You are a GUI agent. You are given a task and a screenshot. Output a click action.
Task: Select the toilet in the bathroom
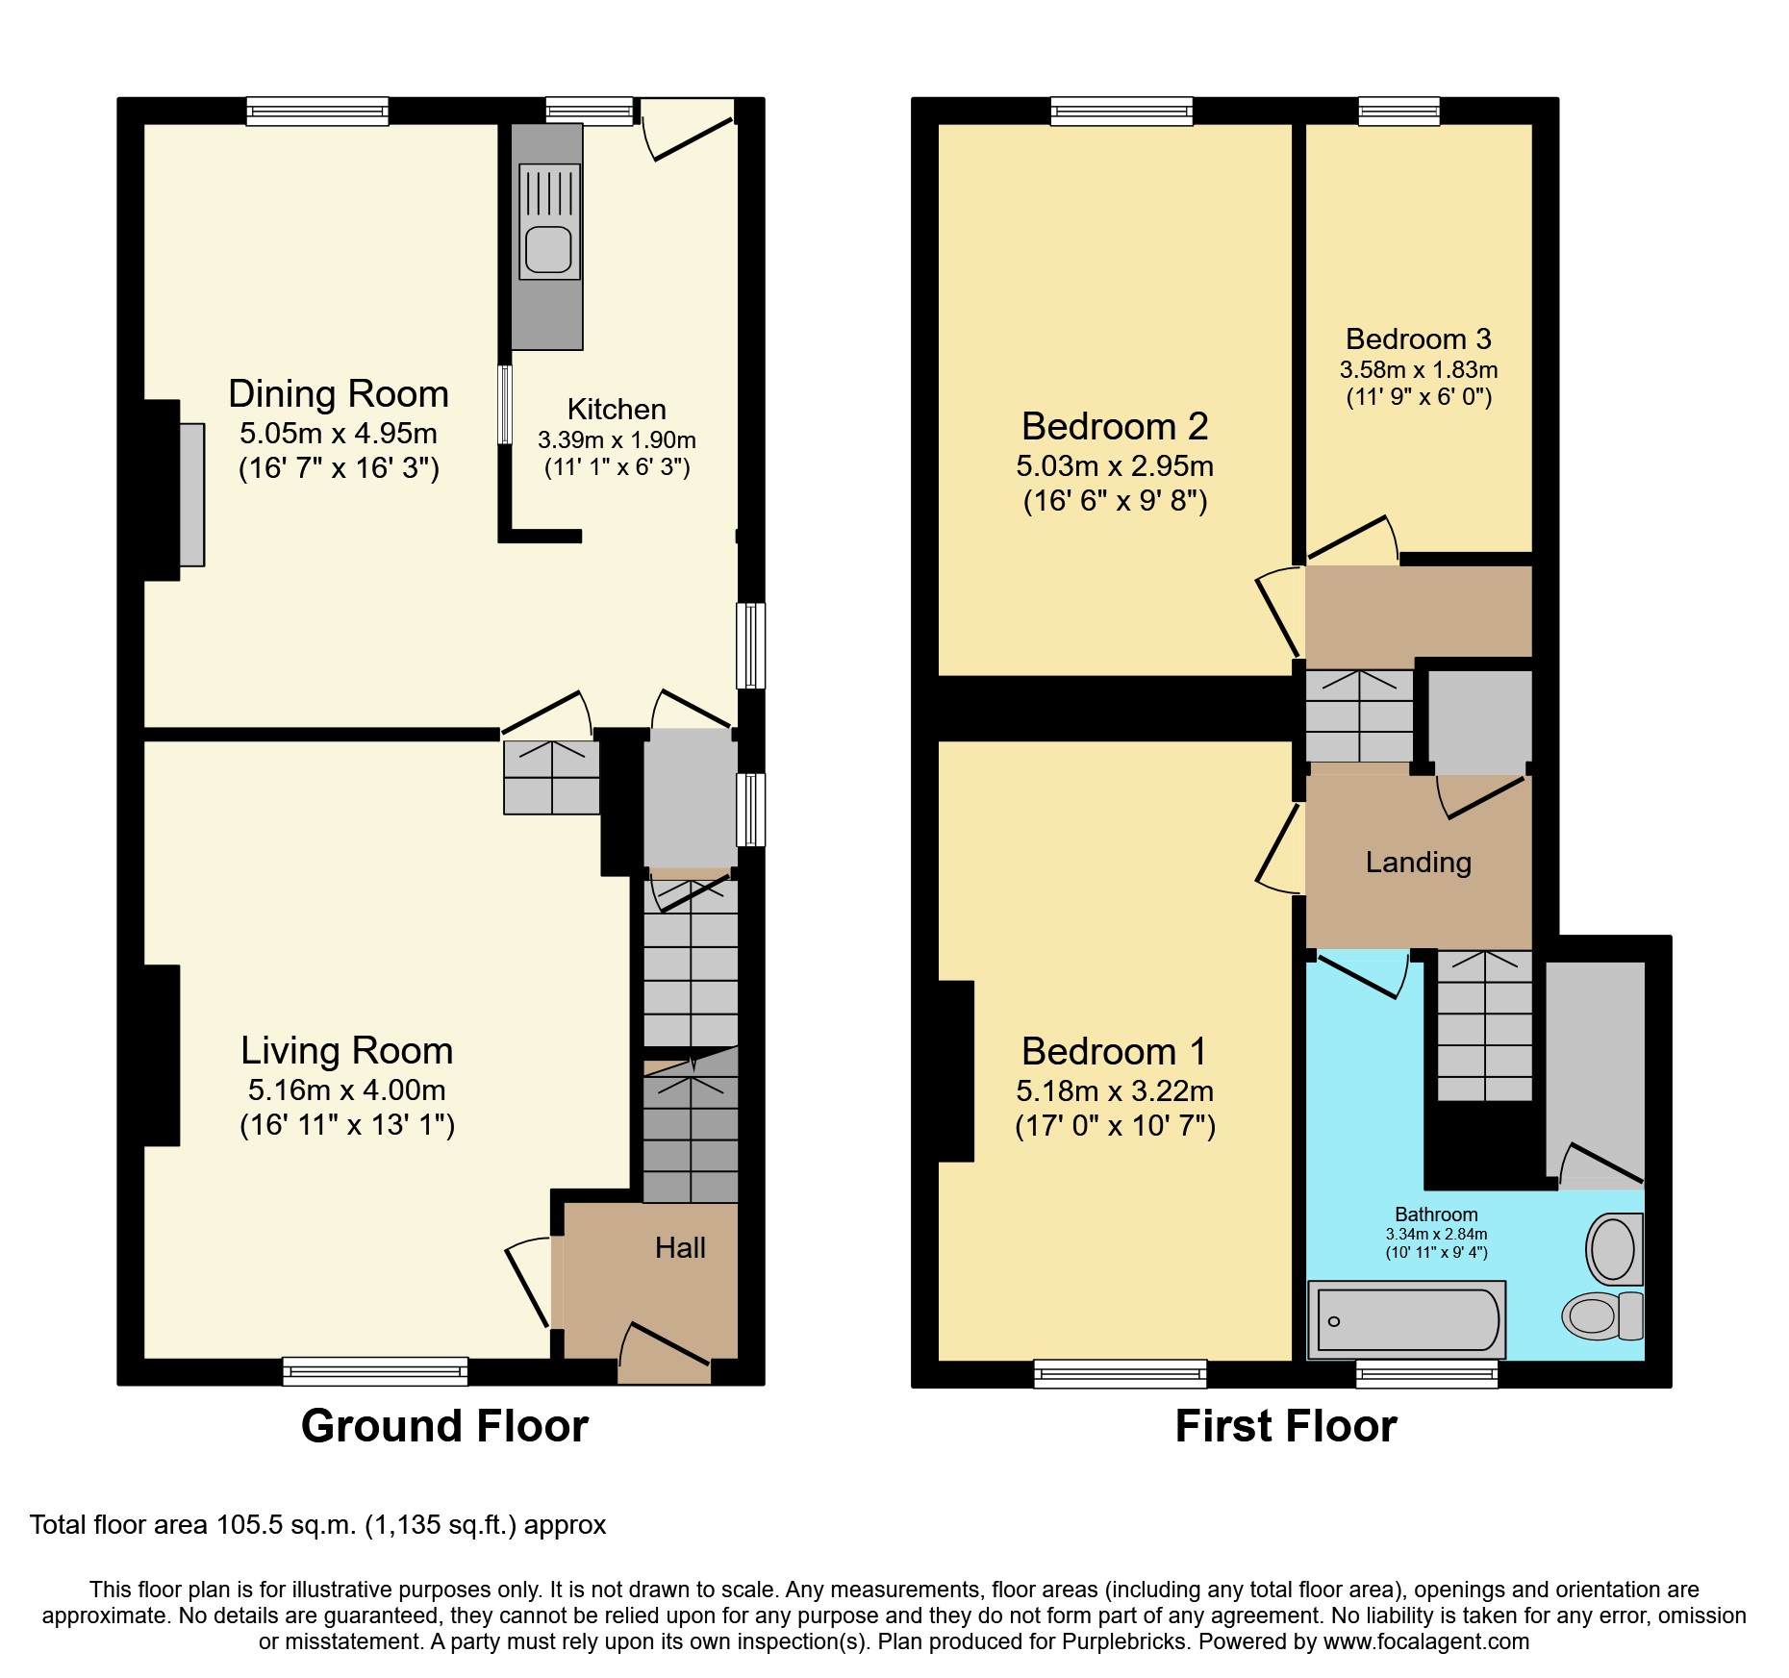[x=1600, y=1316]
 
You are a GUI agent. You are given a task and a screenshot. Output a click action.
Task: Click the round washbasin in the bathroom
[x=1613, y=1249]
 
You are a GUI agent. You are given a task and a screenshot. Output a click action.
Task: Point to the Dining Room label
[x=339, y=394]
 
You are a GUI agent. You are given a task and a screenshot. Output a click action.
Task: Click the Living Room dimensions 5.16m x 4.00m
[x=346, y=1090]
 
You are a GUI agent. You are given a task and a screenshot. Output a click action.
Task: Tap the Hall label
[x=680, y=1248]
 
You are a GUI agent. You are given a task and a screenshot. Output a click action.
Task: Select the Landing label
[x=1418, y=863]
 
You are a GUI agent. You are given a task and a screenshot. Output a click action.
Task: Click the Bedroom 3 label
[x=1418, y=339]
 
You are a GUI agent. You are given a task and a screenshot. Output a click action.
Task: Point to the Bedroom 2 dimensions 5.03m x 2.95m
[x=1115, y=466]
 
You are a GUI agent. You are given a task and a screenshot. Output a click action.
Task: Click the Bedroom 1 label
[x=1114, y=1052]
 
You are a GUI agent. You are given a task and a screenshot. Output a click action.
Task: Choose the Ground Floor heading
[x=444, y=1426]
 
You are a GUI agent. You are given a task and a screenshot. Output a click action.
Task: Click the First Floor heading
[x=1285, y=1426]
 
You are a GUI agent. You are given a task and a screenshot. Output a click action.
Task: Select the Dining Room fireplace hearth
[x=191, y=494]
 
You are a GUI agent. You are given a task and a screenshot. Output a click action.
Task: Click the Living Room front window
[x=375, y=1372]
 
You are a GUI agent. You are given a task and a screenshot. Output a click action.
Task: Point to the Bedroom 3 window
[x=1398, y=112]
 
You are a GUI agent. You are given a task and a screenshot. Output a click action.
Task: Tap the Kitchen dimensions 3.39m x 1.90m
[x=617, y=440]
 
